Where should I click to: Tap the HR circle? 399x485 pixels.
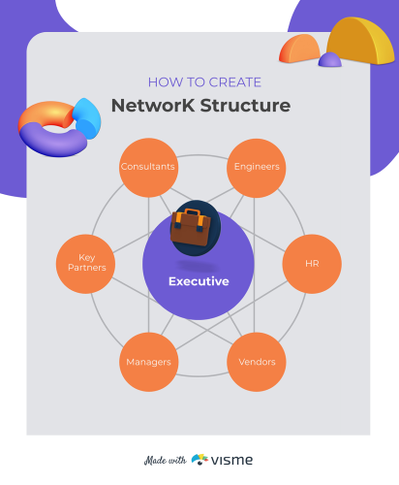click(x=311, y=264)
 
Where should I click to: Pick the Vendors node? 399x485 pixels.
click(x=257, y=362)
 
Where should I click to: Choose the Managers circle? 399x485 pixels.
click(x=148, y=362)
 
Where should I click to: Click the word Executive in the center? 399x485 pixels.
click(x=199, y=282)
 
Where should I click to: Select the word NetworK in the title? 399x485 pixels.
click(x=146, y=105)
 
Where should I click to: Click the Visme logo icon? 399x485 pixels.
click(x=200, y=459)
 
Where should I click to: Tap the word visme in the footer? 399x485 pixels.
click(x=233, y=459)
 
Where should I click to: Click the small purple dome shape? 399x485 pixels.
click(x=330, y=60)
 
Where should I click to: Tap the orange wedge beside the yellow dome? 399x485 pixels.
click(x=300, y=48)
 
